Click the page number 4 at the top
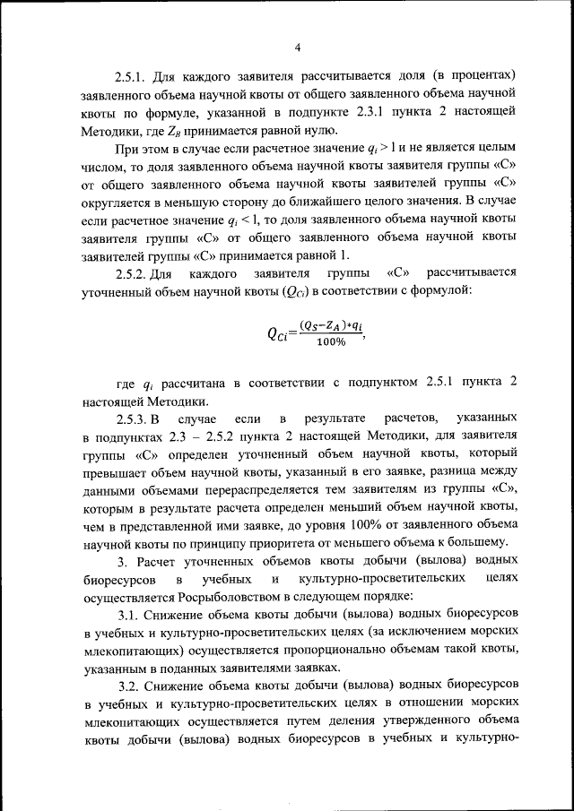297,47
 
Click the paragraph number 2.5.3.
137,419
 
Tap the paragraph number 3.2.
132,686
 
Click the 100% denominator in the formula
329,342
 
